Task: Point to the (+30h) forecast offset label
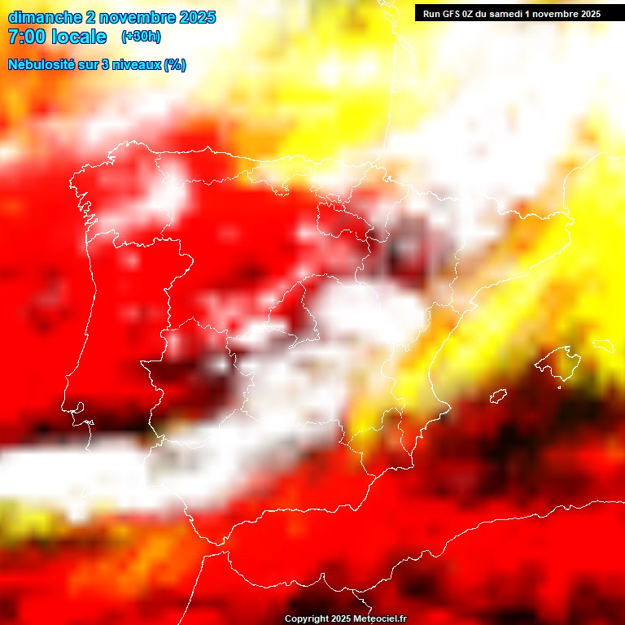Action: (x=141, y=37)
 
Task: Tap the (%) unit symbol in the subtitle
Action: (x=175, y=65)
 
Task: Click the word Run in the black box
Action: (x=431, y=14)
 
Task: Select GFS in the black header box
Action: (x=452, y=14)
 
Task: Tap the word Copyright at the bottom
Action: (x=307, y=619)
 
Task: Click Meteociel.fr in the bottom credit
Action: (x=380, y=619)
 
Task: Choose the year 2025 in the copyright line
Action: (x=341, y=619)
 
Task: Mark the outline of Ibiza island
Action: (x=498, y=396)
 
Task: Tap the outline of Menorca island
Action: (x=604, y=346)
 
